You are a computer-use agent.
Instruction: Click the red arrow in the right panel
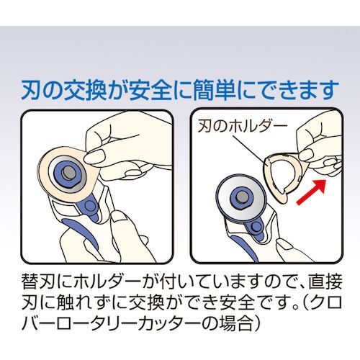311,192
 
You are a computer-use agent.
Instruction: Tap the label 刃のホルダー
242,127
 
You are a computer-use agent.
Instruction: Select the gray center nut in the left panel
68,172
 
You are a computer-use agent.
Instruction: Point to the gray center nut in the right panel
241,197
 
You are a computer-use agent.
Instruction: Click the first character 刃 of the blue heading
31,90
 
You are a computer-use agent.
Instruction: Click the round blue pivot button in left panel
90,206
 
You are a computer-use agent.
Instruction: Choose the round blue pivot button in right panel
256,226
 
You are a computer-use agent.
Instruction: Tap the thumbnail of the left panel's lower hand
120,219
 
